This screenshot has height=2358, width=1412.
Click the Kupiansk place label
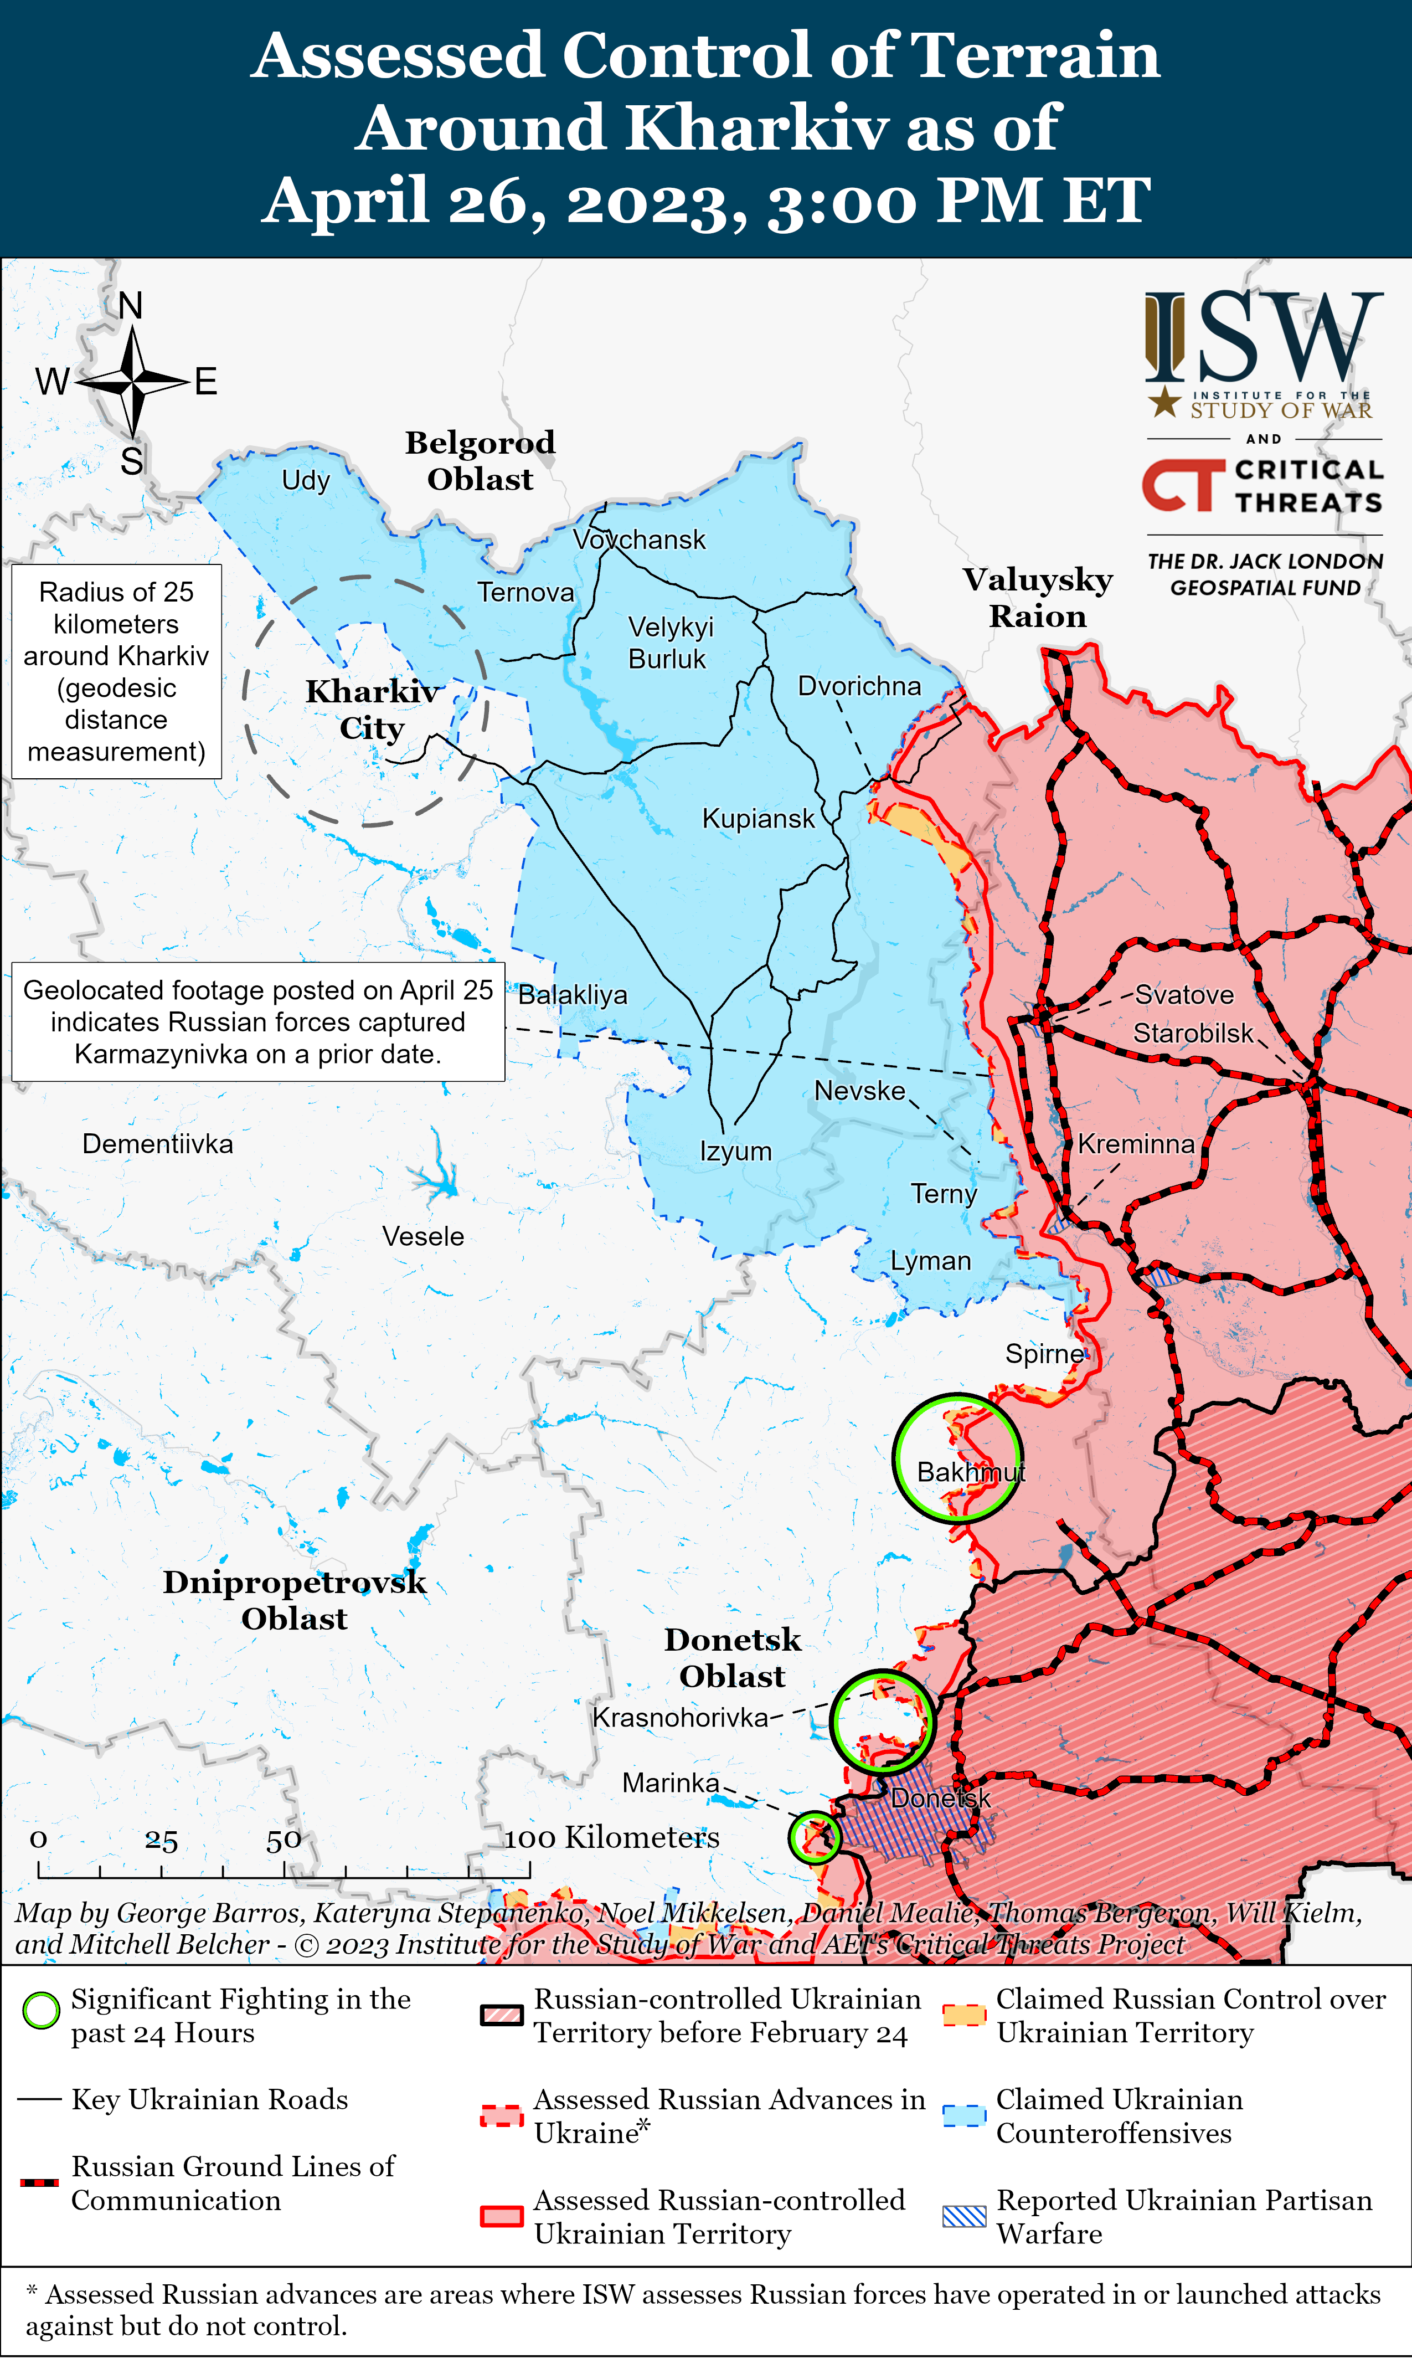coord(757,818)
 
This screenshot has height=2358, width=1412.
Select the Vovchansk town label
coord(640,540)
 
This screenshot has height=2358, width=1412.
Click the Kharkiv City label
coord(372,709)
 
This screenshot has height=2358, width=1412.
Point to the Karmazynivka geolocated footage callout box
coord(258,1022)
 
